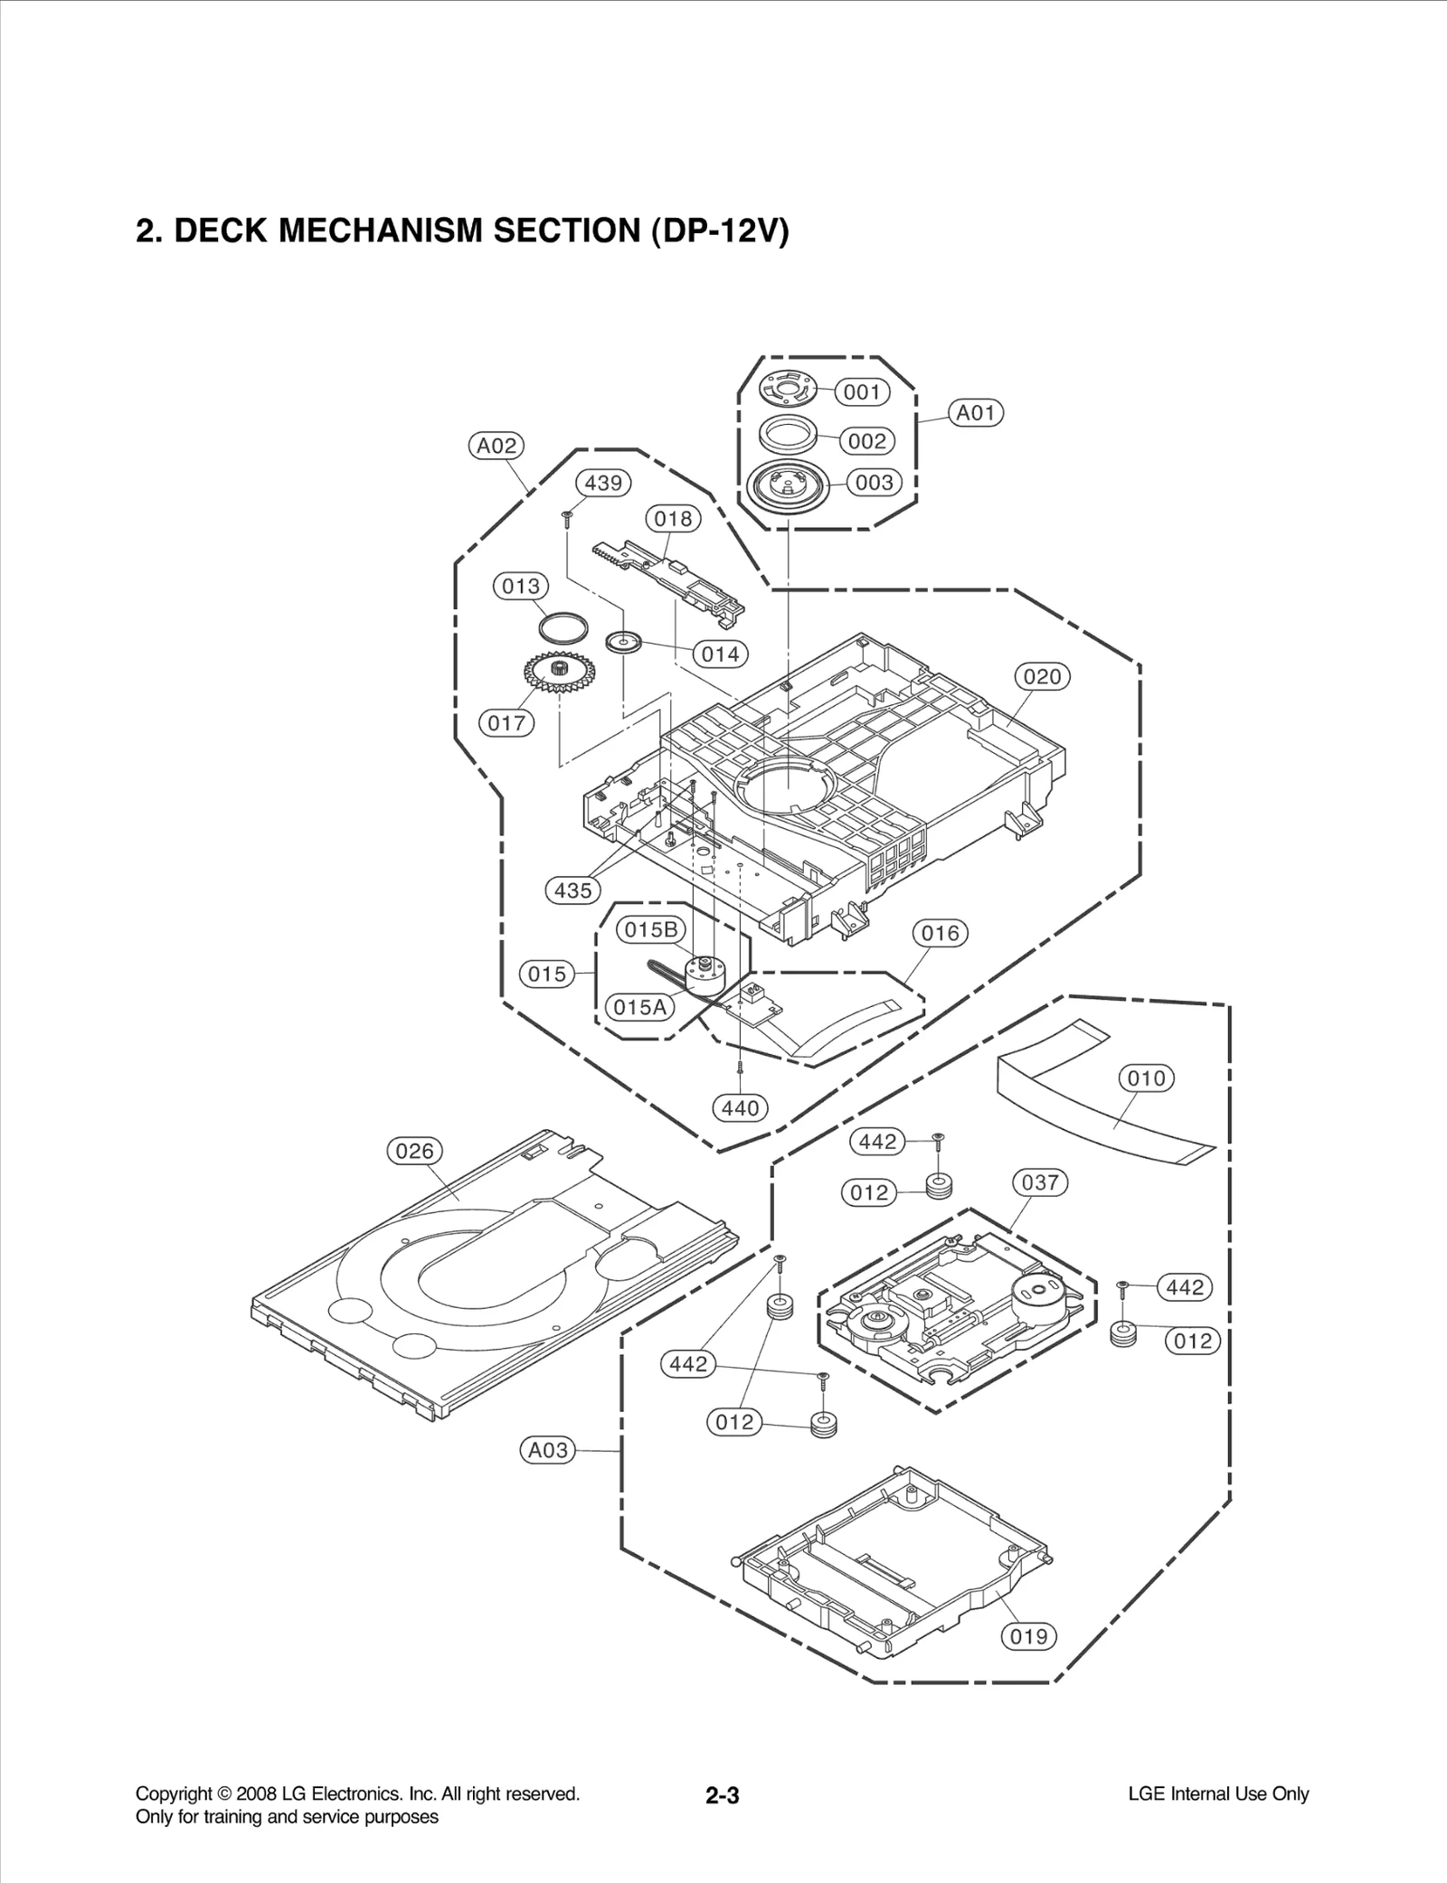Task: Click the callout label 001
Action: pyautogui.click(x=862, y=392)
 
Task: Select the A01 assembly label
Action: pyautogui.click(x=976, y=413)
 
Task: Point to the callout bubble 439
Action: pyautogui.click(x=603, y=483)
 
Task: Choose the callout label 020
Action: pyautogui.click(x=1042, y=676)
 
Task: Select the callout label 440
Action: pyautogui.click(x=741, y=1107)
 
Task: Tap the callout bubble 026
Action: pyautogui.click(x=415, y=1151)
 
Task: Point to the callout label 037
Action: pyautogui.click(x=1040, y=1182)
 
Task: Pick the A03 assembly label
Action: pyautogui.click(x=548, y=1450)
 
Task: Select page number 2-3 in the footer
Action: pyautogui.click(x=723, y=1794)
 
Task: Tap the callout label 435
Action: pyautogui.click(x=573, y=890)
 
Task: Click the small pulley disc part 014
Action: pyautogui.click(x=623, y=641)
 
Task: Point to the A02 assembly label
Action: pyautogui.click(x=497, y=446)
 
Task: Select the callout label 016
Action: pyautogui.click(x=940, y=933)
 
